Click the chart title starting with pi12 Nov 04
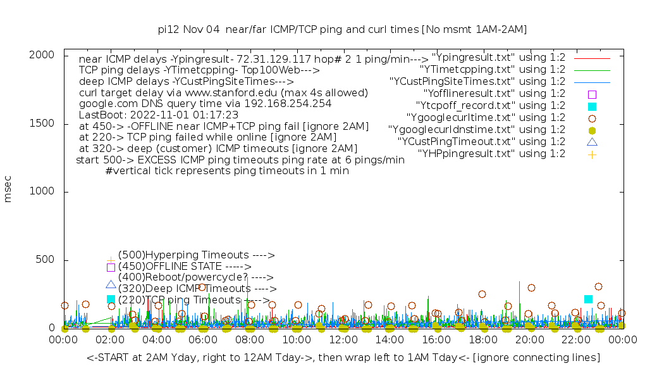342,29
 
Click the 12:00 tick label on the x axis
343,340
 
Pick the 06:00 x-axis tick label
204,340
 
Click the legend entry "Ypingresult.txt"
498,58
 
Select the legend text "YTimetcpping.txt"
493,70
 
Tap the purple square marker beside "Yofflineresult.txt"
592,94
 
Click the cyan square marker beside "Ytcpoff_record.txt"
592,106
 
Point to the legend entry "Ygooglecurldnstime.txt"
477,130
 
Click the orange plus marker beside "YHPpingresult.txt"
592,154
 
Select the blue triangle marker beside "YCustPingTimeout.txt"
592,142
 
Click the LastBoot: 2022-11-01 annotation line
158,115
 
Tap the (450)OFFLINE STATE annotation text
185,267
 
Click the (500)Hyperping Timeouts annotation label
196,255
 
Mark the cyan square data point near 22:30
589,299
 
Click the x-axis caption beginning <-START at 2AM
343,358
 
